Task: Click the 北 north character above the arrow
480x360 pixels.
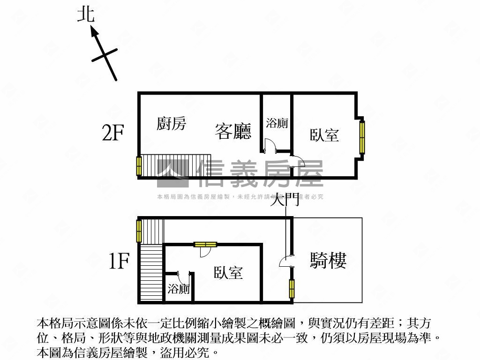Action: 86,14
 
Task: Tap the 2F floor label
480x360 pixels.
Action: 113,134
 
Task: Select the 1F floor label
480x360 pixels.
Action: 119,261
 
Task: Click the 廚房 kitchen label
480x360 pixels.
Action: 171,124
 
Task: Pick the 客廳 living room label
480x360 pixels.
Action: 233,131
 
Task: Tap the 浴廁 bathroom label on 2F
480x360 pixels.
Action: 277,123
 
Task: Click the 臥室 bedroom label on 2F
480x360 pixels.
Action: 324,135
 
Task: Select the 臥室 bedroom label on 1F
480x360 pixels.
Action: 228,273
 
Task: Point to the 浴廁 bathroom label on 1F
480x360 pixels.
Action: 179,289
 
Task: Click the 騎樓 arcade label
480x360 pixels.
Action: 328,260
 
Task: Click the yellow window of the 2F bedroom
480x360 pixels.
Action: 362,136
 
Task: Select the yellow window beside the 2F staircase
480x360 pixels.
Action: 139,166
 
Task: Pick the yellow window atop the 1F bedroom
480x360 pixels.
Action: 205,244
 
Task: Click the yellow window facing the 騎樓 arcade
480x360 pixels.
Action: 292,289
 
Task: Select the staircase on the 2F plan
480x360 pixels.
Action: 176,165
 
